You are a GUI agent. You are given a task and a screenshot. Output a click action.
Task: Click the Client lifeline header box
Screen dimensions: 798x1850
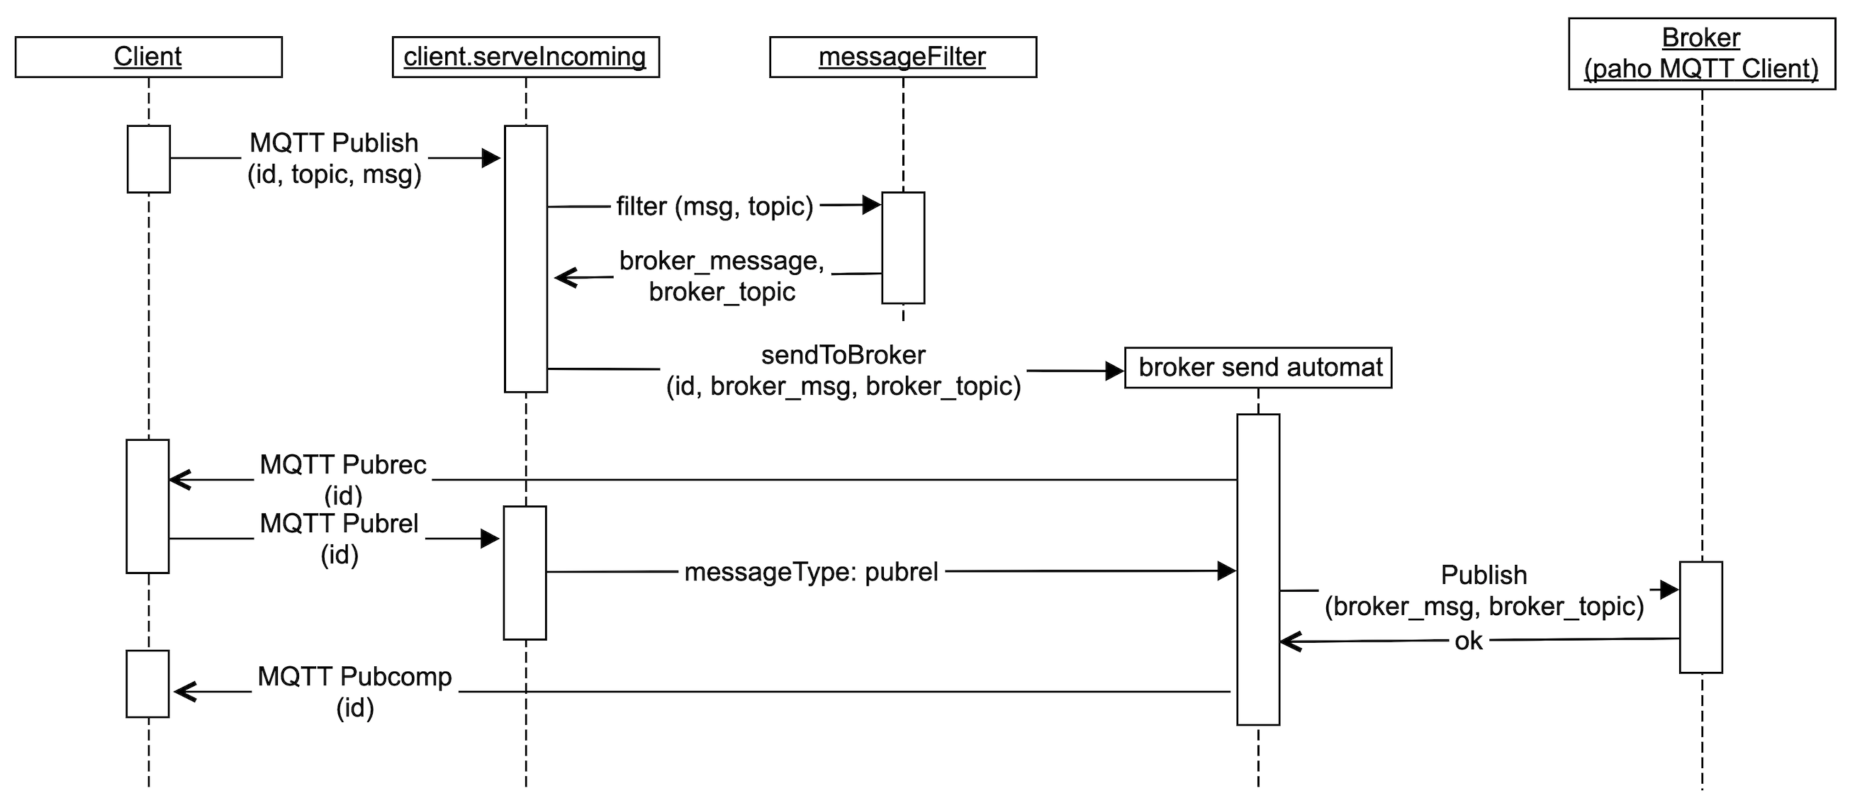pyautogui.click(x=148, y=57)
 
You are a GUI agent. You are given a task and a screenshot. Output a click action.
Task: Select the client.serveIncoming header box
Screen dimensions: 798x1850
pyautogui.click(x=525, y=57)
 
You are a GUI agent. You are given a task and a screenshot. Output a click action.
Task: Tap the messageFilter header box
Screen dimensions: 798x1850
pyautogui.click(x=902, y=57)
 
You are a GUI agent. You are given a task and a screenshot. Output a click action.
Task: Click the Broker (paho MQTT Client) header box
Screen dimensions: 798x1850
pyautogui.click(x=1700, y=54)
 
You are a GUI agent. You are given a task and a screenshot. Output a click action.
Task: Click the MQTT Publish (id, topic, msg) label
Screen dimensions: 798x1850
pyautogui.click(x=334, y=159)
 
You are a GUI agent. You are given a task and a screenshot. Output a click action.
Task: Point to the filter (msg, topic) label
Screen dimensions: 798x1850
pyautogui.click(x=714, y=207)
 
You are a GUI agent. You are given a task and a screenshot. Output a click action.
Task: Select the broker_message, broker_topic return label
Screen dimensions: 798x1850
pyautogui.click(x=722, y=276)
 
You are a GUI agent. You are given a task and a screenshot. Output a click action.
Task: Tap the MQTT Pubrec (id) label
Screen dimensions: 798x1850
pyautogui.click(x=342, y=479)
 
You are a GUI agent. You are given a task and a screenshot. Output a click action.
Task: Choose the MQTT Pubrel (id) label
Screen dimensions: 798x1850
pyautogui.click(x=339, y=538)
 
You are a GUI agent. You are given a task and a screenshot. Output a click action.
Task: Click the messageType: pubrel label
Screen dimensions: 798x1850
pyautogui.click(x=811, y=572)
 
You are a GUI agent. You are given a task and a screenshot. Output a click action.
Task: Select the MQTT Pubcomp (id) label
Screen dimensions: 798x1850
pyautogui.click(x=354, y=692)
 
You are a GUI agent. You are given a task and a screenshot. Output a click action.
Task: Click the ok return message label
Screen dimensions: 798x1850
pyautogui.click(x=1468, y=641)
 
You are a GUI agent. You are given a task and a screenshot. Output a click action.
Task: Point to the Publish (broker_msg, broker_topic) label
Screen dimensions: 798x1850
pyautogui.click(x=1484, y=590)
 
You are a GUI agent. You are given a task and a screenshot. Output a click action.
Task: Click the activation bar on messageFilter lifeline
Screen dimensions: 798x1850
pyautogui.click(x=903, y=248)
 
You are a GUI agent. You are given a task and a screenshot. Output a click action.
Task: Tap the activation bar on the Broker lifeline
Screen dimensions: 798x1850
pyautogui.click(x=1700, y=617)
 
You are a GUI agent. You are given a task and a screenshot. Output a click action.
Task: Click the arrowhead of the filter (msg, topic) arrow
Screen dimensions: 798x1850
pyautogui.click(x=872, y=206)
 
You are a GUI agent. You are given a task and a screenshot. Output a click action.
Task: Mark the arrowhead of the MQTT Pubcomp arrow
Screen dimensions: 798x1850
pyautogui.click(x=184, y=692)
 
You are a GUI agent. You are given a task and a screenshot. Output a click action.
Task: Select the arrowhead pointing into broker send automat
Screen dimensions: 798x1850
pyautogui.click(x=1114, y=371)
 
